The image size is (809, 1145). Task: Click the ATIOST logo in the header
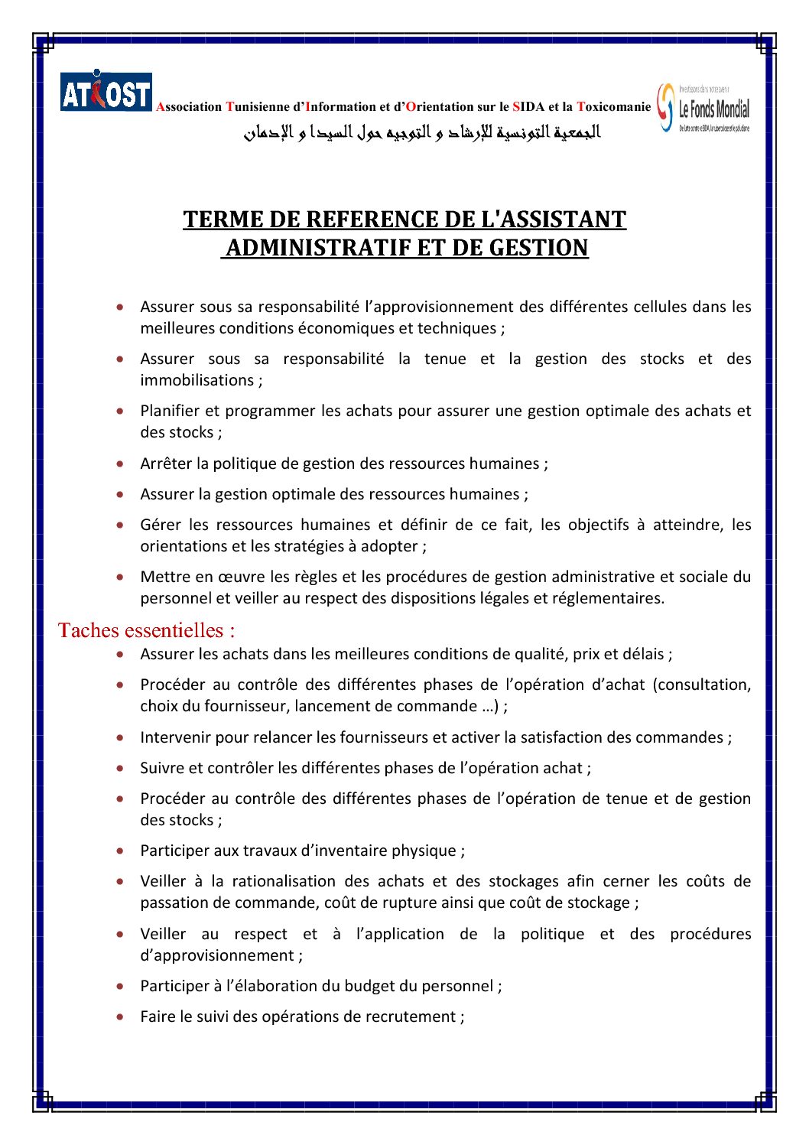click(106, 92)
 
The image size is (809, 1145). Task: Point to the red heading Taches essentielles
click(146, 630)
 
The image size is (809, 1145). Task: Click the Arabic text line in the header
click(422, 132)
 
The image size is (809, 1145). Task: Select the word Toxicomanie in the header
click(614, 107)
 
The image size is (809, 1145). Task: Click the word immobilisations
click(197, 380)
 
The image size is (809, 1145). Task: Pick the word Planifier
click(169, 411)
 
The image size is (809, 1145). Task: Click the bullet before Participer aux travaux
click(121, 851)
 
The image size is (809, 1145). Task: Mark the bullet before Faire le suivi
click(121, 1017)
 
